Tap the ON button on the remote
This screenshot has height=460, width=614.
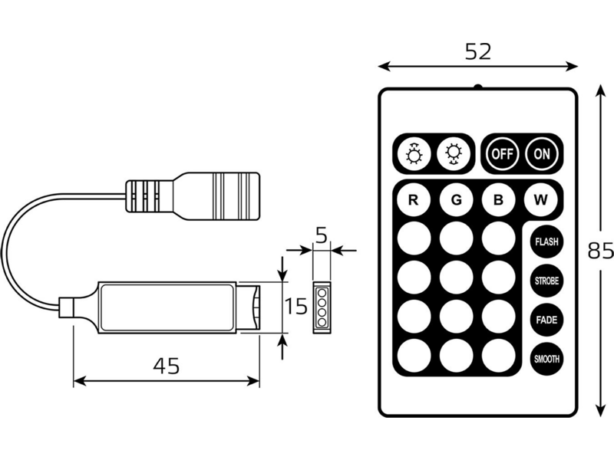point(542,154)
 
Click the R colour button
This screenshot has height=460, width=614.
point(414,200)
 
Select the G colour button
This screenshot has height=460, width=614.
point(456,200)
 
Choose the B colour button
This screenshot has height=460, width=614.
point(498,200)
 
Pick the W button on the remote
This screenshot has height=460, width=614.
point(541,200)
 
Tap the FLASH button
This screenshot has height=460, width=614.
point(546,242)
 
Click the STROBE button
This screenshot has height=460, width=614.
point(546,281)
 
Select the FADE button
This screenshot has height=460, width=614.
point(546,320)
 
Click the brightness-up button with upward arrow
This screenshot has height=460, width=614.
point(414,154)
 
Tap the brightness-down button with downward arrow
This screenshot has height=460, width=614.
point(454,154)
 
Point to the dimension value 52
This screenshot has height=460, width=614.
point(478,51)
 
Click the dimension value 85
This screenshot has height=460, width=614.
point(601,251)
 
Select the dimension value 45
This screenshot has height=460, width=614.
point(167,366)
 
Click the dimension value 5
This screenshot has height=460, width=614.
point(321,235)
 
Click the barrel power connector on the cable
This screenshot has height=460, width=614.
point(193,195)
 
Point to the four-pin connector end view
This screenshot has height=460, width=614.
point(322,307)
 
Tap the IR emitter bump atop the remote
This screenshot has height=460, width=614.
point(477,87)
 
